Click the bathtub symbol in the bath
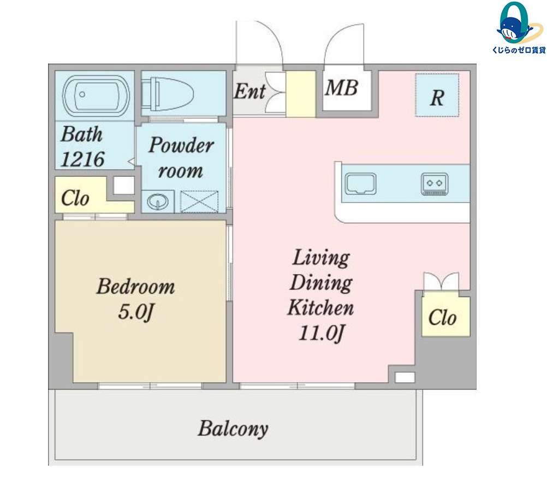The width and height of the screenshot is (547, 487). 96,95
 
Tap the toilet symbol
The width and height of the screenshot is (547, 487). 168,94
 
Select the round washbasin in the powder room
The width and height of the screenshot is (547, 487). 158,201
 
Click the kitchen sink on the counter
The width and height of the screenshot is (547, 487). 361,183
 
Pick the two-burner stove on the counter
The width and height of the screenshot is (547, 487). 435,184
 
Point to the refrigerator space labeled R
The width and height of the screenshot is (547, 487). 437,95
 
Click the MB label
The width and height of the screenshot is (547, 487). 342,87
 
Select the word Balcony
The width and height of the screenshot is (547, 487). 234,429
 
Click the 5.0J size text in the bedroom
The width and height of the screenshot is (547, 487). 136,312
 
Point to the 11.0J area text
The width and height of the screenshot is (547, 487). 322,333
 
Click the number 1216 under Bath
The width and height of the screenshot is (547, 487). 82,159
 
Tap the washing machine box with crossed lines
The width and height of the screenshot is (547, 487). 199,201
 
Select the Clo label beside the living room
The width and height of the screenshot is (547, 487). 442,317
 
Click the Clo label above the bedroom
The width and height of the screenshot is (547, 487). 75,198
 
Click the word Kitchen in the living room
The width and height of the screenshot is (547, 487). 320,308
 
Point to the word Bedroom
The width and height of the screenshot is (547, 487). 136,287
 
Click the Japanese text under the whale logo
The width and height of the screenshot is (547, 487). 519,50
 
